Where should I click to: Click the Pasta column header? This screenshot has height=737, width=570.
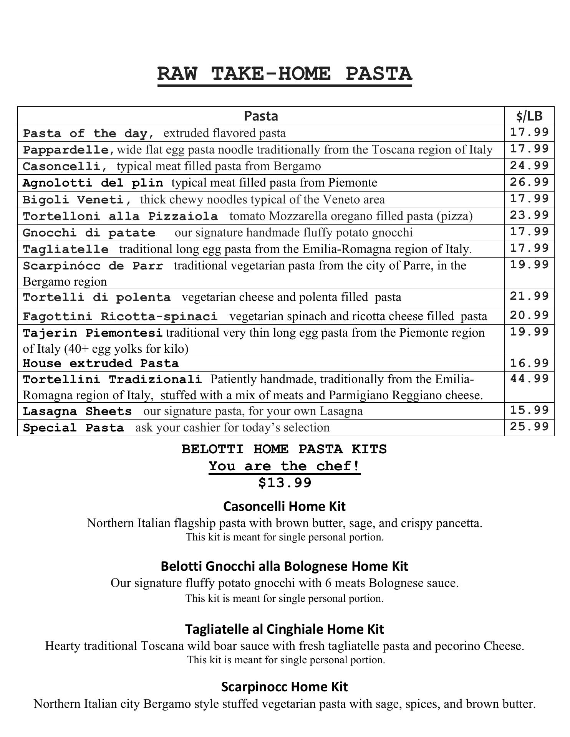click(x=261, y=116)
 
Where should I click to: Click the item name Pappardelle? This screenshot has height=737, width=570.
click(x=68, y=150)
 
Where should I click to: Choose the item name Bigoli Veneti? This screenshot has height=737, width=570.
click(x=76, y=200)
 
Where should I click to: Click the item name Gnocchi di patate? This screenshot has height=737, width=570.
click(x=89, y=233)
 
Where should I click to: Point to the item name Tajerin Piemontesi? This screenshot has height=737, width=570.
click(x=92, y=333)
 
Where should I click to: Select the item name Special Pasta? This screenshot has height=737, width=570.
click(x=73, y=428)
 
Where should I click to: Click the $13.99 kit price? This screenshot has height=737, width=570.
click(x=285, y=483)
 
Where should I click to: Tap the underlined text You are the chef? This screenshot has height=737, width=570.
click(x=285, y=466)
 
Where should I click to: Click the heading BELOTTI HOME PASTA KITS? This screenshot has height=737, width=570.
click(x=285, y=449)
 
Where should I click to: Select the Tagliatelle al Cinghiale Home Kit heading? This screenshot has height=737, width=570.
click(x=285, y=629)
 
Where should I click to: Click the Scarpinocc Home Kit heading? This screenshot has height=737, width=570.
click(x=285, y=686)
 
